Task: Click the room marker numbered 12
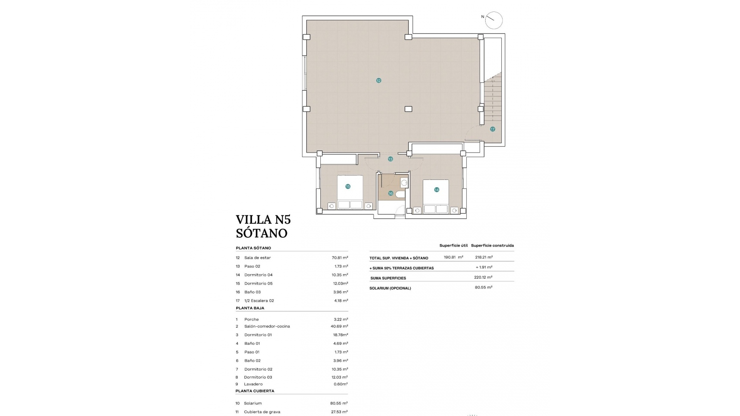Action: tap(378, 81)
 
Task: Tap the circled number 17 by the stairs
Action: tap(493, 129)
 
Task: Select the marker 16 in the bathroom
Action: tap(390, 193)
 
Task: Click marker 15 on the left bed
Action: tap(348, 186)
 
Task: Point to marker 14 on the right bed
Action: tap(436, 190)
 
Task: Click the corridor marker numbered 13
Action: tap(390, 159)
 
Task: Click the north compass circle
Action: tap(494, 20)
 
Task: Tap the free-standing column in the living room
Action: tap(408, 109)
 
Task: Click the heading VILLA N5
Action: tap(263, 220)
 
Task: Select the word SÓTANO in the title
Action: tap(261, 233)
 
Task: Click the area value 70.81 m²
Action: tap(340, 258)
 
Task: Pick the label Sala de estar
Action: tap(257, 258)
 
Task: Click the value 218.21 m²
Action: tap(484, 257)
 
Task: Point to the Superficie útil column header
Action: tap(453, 245)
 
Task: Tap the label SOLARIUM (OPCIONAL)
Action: tap(390, 288)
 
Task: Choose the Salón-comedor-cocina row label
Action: tap(267, 326)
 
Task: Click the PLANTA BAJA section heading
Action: tap(250, 308)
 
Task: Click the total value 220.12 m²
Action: tap(483, 277)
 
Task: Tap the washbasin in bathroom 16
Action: tap(404, 182)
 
